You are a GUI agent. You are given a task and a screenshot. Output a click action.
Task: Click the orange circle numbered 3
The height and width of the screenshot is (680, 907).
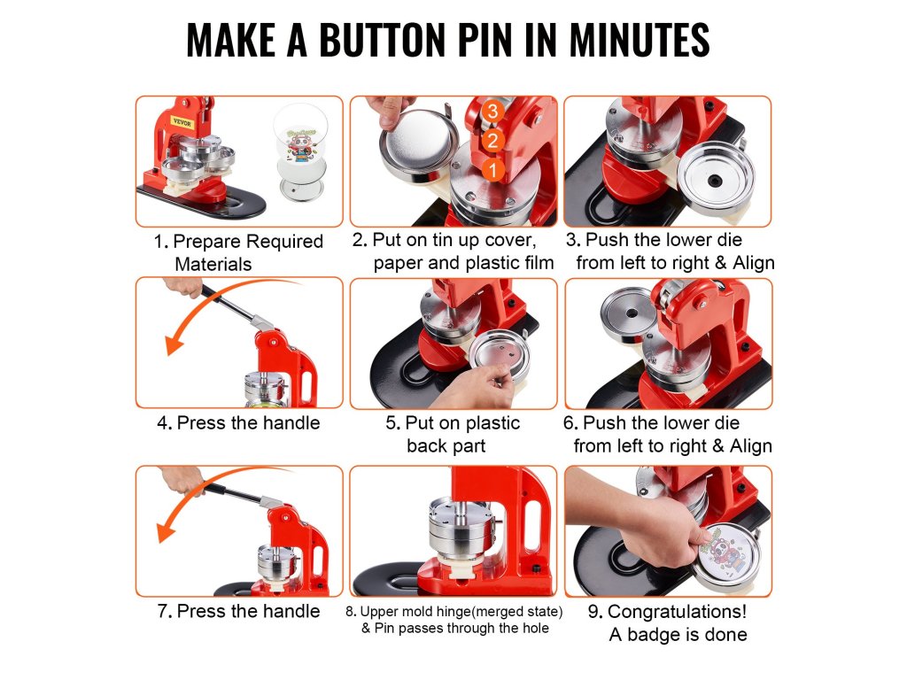pyautogui.click(x=492, y=111)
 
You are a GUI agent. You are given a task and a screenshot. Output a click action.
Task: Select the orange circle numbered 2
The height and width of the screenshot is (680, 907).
pyautogui.click(x=492, y=141)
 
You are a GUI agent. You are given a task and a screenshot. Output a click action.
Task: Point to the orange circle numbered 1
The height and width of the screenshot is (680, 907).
pyautogui.click(x=492, y=170)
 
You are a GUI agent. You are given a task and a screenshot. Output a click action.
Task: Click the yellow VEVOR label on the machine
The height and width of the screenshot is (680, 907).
pyautogui.click(x=182, y=123)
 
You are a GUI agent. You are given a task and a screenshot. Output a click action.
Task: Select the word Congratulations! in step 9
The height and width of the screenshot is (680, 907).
pyautogui.click(x=677, y=612)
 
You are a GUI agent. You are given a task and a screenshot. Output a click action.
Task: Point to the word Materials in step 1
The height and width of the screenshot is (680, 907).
pyautogui.click(x=213, y=264)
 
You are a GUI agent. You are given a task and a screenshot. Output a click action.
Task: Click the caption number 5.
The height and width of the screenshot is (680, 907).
pyautogui.click(x=392, y=423)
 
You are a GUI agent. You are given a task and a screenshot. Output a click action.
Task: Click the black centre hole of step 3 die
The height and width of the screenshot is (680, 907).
pyautogui.click(x=715, y=181)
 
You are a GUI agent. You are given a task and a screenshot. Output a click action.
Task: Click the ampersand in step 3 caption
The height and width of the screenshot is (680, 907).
pyautogui.click(x=721, y=262)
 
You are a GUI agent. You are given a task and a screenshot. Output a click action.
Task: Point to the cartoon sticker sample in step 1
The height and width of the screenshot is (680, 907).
pyautogui.click(x=300, y=144)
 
